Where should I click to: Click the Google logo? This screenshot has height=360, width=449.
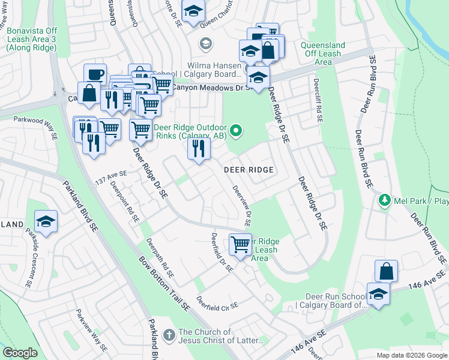click(x=20, y=353)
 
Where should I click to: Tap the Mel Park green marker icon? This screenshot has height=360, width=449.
click(x=384, y=199)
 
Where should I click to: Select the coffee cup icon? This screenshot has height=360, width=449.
click(x=95, y=74)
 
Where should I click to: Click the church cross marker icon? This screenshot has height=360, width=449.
click(x=169, y=334)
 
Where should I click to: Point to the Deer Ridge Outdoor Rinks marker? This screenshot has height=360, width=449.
click(x=237, y=130)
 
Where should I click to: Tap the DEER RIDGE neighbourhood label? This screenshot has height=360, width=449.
click(x=249, y=170)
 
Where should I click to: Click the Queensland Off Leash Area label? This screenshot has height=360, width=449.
click(x=323, y=53)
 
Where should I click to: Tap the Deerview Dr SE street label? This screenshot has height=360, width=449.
click(x=242, y=205)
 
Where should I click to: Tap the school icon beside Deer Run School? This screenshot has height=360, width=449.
click(x=378, y=295)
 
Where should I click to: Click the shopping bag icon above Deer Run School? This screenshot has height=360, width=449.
click(x=386, y=271)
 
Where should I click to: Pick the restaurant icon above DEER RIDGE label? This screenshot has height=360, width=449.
click(x=199, y=148)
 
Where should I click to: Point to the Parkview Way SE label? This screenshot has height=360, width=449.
click(x=91, y=331)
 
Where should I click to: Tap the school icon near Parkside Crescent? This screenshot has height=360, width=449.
click(x=46, y=222)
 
